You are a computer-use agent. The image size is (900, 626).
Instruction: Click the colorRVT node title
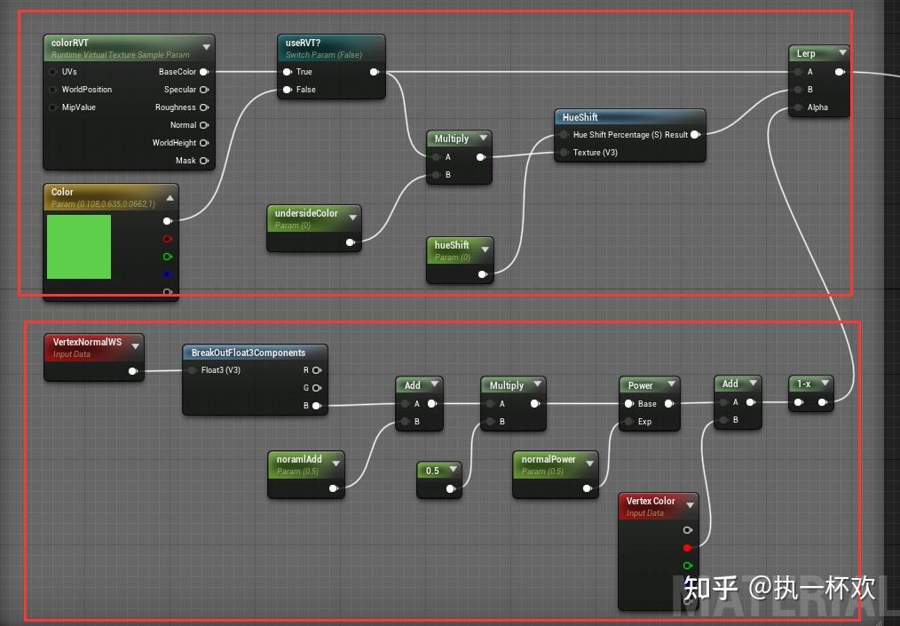tap(70, 43)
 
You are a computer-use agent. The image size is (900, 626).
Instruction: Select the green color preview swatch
tap(79, 247)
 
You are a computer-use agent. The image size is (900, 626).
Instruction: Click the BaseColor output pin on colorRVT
tap(204, 72)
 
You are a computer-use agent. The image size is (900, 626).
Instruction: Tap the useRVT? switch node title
tap(304, 42)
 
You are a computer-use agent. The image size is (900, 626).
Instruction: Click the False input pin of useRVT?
tap(287, 90)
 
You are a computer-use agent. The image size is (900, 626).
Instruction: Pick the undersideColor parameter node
tap(306, 213)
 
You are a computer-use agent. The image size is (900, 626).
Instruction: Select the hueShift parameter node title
tap(452, 245)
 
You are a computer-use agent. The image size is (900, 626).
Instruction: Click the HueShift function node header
tap(580, 117)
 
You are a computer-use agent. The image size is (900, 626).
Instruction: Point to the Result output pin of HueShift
tap(695, 135)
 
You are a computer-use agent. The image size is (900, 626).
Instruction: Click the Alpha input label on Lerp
tap(817, 107)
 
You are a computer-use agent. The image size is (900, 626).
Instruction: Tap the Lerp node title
tap(806, 53)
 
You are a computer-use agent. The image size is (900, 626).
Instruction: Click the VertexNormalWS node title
tap(87, 342)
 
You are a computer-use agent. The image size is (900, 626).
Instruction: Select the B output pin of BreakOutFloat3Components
tap(316, 406)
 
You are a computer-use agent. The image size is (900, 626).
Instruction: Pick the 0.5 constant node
tap(432, 471)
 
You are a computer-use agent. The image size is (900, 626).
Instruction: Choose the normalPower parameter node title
tap(549, 460)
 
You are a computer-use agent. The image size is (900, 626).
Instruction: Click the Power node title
tap(641, 385)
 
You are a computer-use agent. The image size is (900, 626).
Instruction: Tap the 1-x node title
tap(804, 384)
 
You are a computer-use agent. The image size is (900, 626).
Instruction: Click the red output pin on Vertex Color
tap(687, 548)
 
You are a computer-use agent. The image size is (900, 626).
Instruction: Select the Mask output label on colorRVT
tap(186, 161)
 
